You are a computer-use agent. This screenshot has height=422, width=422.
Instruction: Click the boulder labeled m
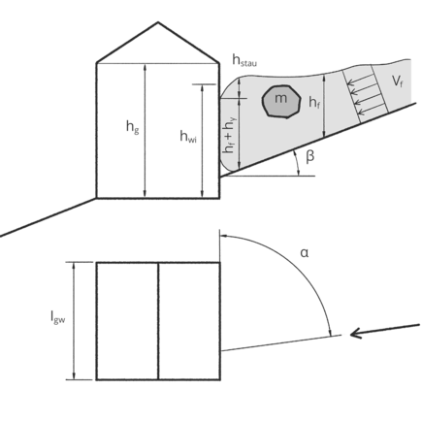[x=281, y=102]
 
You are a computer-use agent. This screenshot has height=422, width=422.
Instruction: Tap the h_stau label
[x=244, y=60]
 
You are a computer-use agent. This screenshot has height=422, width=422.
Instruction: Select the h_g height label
[x=133, y=126]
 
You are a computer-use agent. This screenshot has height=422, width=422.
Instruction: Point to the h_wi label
[x=188, y=137]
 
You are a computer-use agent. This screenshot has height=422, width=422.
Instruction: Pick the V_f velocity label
[x=398, y=81]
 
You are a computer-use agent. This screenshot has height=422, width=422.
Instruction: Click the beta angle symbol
[x=309, y=156]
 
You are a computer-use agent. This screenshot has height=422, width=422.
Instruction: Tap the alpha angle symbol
[x=305, y=252]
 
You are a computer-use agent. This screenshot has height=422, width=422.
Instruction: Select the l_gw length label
[x=58, y=317]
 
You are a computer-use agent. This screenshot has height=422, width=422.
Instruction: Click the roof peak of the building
[x=158, y=22]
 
